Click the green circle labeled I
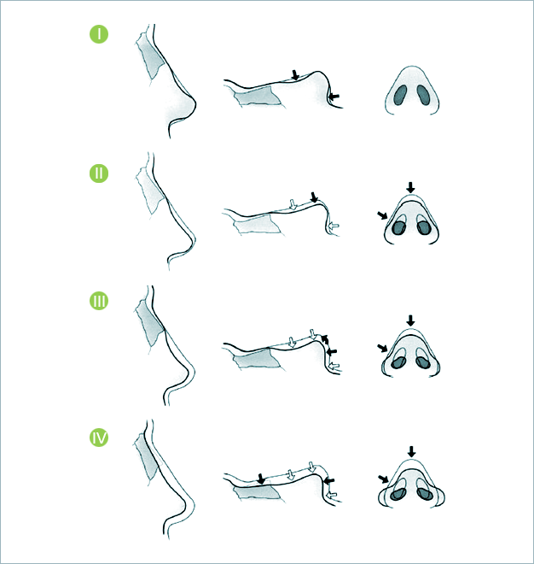tap(99, 34)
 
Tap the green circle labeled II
tap(99, 173)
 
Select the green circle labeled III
tap(99, 301)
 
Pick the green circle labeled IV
tap(99, 438)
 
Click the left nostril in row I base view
tap(400, 96)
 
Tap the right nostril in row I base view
tap(423, 96)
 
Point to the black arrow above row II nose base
tap(410, 187)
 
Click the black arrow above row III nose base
tap(410, 320)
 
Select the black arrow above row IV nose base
tap(411, 451)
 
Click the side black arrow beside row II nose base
tap(382, 215)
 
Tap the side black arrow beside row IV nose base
tap(384, 479)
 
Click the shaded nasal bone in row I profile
tap(151, 57)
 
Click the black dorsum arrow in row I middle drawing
tap(295, 75)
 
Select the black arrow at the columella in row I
tap(334, 97)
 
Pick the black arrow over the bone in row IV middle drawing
tap(261, 479)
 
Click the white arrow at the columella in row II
tap(334, 226)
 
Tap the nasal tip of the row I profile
tap(195, 103)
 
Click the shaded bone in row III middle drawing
tap(257, 359)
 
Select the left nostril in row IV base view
tap(398, 494)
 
